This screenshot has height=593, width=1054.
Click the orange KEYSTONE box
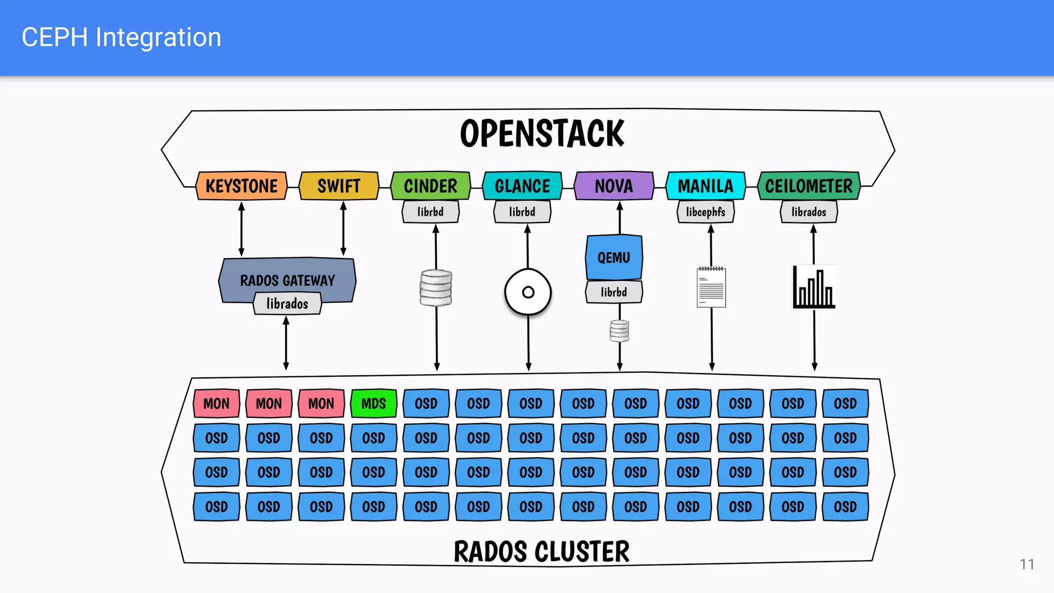pos(241,186)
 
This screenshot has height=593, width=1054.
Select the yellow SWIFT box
pos(339,186)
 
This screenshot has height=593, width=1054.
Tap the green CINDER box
pos(430,186)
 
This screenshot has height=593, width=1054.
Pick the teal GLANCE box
pos(522,186)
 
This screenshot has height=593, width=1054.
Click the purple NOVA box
pos(613,186)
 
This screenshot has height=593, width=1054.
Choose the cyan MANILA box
pos(705,186)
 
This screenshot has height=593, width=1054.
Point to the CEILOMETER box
pos(809,186)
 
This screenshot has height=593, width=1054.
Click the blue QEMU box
pos(613,257)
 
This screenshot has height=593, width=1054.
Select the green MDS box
pos(373,404)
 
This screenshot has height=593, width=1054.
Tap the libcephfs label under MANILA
pos(705,212)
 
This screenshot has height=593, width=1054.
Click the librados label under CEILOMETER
pos(809,212)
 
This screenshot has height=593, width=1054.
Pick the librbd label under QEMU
pos(613,292)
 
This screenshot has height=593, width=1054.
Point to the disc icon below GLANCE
pos(528,292)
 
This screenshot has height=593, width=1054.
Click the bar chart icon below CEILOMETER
pos(814,288)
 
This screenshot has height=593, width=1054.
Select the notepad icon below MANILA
pos(711,287)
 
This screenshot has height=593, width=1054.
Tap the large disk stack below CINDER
pos(436,288)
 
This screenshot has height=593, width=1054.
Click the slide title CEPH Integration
pos(121,38)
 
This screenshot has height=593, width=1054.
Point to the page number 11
pos(1027,564)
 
